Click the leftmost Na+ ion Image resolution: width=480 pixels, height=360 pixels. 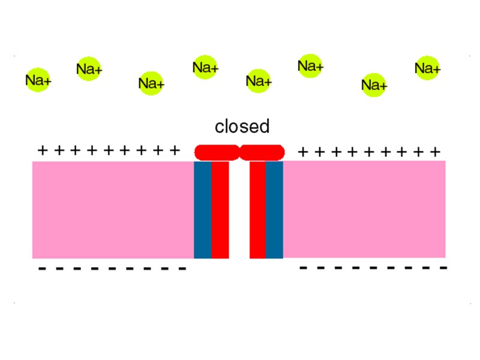coord(38,80)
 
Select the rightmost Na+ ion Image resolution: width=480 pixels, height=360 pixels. coord(427,69)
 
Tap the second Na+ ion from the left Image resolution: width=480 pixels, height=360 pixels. coord(89,70)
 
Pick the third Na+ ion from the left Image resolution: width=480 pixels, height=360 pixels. coord(151,83)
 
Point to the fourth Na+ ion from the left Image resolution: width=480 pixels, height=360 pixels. coord(205,68)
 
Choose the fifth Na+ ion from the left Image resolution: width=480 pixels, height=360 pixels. coord(259,80)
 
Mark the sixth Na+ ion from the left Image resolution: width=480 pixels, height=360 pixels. coord(310,66)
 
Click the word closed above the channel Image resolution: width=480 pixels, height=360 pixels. coord(242,127)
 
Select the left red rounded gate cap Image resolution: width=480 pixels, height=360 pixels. coord(217,152)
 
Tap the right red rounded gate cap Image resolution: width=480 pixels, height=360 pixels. coord(262,152)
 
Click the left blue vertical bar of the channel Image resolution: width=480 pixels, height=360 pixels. coord(202,209)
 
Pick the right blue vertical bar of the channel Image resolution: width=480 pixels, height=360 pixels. coord(274,209)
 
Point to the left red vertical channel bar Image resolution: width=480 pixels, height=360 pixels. coord(220,209)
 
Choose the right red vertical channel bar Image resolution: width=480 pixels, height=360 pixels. coord(257,209)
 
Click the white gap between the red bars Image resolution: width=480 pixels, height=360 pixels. coord(239,209)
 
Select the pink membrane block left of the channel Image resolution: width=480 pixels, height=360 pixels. coord(113,209)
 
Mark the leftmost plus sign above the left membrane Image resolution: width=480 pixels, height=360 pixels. coord(42,150)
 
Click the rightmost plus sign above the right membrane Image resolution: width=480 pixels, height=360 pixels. coord(436,151)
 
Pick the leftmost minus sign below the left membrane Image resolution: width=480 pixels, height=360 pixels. coord(42,269)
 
